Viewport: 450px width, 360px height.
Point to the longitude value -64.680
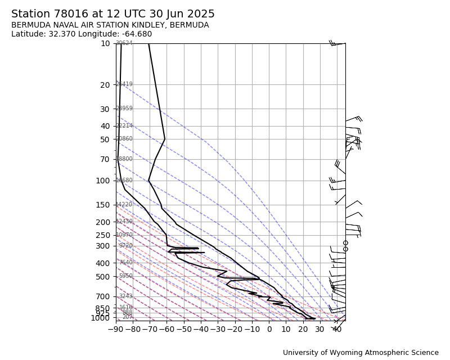[136, 34]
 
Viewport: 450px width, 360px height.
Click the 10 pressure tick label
[105, 43]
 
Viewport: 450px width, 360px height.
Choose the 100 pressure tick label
[103, 181]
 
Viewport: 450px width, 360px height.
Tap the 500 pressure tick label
[103, 277]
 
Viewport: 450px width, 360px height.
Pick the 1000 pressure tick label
[100, 318]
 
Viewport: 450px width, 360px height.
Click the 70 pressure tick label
[105, 159]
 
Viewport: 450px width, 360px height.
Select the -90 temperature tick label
[115, 329]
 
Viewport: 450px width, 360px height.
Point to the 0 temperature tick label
[269, 329]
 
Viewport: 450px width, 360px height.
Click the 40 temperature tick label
[337, 329]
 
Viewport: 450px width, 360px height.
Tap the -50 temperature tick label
[183, 329]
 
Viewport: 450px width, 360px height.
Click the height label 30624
[124, 43]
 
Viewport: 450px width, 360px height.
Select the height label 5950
[125, 276]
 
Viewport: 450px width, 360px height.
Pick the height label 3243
[125, 296]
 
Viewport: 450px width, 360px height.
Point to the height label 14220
[124, 205]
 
